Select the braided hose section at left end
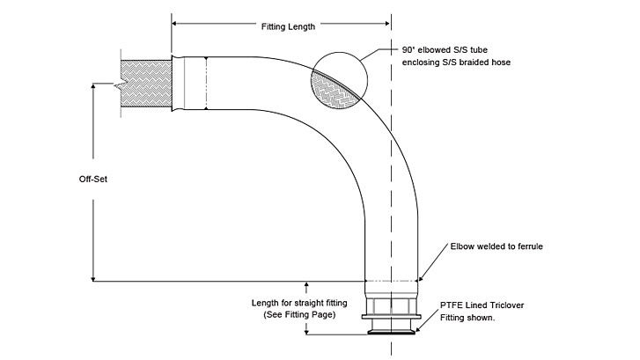(142, 84)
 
